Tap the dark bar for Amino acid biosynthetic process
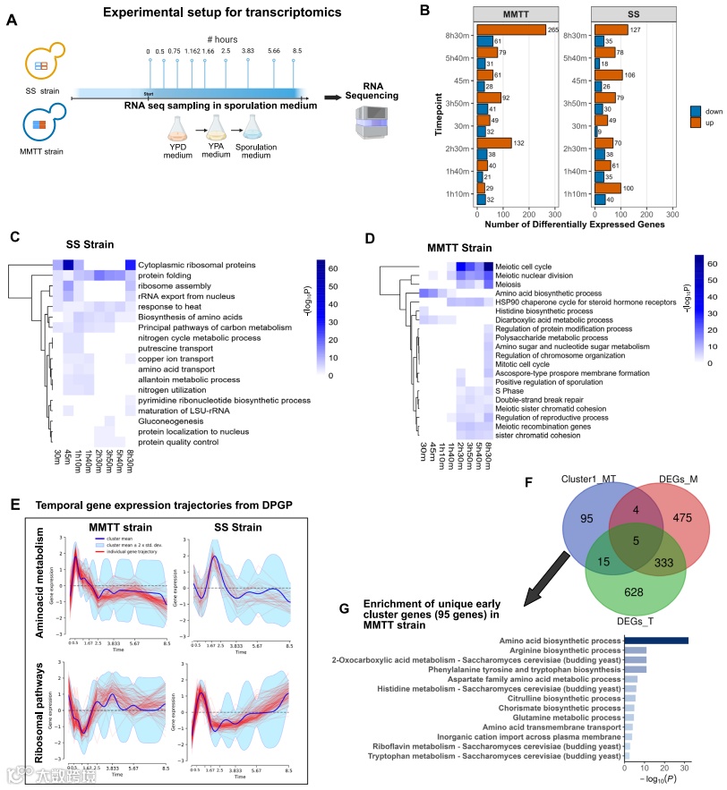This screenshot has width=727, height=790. (x=656, y=640)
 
